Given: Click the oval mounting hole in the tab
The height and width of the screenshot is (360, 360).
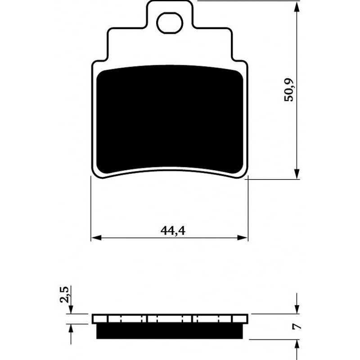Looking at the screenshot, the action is click(x=170, y=23).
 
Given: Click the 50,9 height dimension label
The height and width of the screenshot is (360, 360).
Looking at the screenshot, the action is click(x=288, y=90).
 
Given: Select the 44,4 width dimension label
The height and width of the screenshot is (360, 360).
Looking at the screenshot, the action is click(x=173, y=231).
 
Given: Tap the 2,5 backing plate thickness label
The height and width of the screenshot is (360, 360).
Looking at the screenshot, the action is click(x=64, y=294).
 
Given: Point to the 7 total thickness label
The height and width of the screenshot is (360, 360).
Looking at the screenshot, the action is click(x=297, y=327).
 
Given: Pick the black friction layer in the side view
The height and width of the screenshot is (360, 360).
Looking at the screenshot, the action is click(x=170, y=331).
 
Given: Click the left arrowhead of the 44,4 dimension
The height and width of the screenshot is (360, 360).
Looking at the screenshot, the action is click(x=96, y=238).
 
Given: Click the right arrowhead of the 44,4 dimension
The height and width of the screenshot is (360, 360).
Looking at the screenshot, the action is click(x=243, y=238).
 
